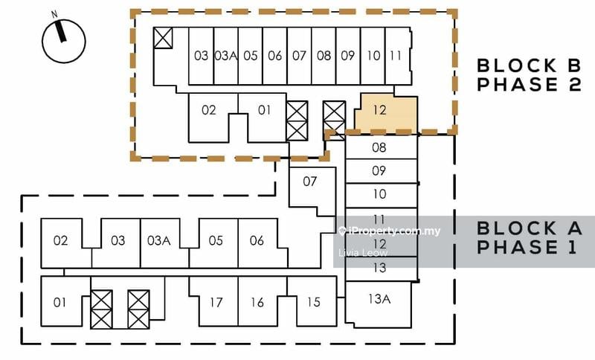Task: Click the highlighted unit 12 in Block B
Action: pos(381,112)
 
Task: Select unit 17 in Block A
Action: pos(216,303)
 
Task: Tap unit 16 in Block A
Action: pos(257,303)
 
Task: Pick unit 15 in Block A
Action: pos(313,302)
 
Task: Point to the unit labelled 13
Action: pos(379,269)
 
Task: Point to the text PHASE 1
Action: pos(527,248)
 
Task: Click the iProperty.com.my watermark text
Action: pos(394,231)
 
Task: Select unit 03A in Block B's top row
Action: pos(225,56)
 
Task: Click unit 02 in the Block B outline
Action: pos(209,111)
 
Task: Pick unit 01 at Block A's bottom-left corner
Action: pos(60,302)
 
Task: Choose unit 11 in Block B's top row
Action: pos(396,56)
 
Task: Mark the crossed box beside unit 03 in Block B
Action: pos(163,39)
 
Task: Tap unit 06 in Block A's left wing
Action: pos(257,240)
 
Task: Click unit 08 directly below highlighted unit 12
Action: pos(379,148)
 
